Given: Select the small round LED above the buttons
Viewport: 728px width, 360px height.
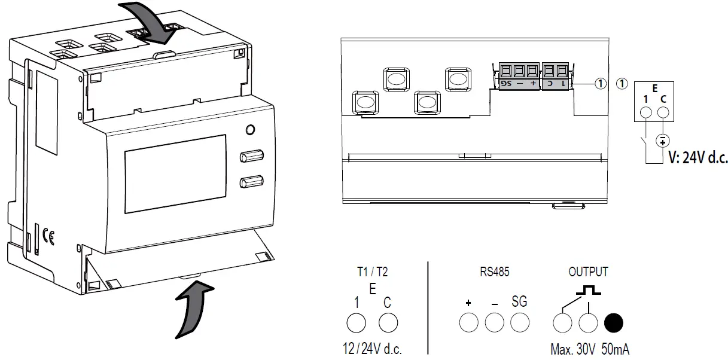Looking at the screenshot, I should (x=251, y=130).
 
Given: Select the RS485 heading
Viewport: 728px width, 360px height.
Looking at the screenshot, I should (x=494, y=272).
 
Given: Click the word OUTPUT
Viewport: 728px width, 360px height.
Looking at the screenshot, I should (x=587, y=272).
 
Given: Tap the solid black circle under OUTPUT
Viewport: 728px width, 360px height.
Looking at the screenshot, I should (x=614, y=324).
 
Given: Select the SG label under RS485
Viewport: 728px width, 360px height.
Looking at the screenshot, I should (x=520, y=302).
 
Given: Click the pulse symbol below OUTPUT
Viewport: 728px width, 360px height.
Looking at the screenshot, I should (x=587, y=291).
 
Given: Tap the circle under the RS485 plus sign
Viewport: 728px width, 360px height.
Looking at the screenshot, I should (x=468, y=324).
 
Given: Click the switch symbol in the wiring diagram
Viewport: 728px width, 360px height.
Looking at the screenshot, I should (x=642, y=144).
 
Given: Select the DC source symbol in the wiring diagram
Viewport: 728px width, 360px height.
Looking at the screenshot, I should (x=662, y=141).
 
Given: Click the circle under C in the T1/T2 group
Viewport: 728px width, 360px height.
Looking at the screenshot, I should (x=388, y=324).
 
